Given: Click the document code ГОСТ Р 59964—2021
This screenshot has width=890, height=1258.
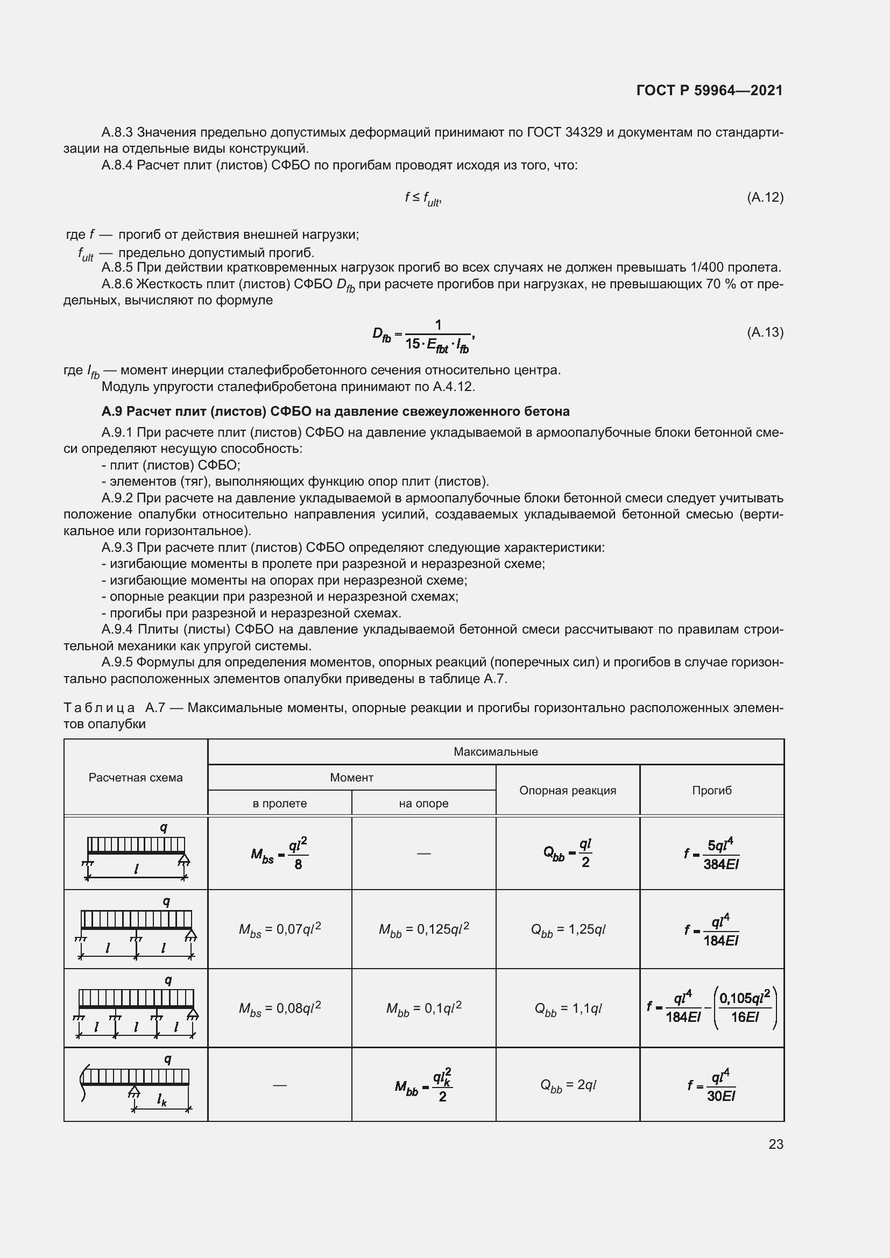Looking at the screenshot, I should pyautogui.click(x=709, y=90).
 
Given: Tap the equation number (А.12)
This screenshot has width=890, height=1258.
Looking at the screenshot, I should pyautogui.click(x=765, y=197).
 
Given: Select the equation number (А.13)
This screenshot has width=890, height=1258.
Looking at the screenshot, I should pyautogui.click(x=765, y=332).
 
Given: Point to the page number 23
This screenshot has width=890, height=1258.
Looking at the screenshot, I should pyautogui.click(x=775, y=1144).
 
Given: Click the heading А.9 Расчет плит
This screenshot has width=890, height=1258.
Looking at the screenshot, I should pyautogui.click(x=335, y=411).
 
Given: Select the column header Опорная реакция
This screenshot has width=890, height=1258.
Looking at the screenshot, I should pyautogui.click(x=567, y=790).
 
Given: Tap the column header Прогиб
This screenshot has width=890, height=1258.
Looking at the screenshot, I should pyautogui.click(x=711, y=790).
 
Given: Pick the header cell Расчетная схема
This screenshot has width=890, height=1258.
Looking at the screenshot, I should pyautogui.click(x=136, y=778).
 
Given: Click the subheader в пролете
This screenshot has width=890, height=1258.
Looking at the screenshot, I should pyautogui.click(x=279, y=803).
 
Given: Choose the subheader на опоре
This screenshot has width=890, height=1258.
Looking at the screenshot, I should pyautogui.click(x=423, y=803).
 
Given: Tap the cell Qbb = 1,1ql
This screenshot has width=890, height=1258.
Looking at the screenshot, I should pyautogui.click(x=568, y=1008).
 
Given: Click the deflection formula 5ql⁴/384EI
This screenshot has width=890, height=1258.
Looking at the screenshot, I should pyautogui.click(x=711, y=854).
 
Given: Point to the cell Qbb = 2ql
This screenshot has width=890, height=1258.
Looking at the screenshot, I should pyautogui.click(x=568, y=1085).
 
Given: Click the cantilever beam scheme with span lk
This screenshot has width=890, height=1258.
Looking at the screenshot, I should pyautogui.click(x=136, y=1086).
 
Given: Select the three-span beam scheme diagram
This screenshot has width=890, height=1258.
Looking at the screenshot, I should pyautogui.click(x=136, y=1008).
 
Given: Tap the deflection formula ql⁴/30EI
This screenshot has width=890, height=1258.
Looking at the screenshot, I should pyautogui.click(x=711, y=1085).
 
